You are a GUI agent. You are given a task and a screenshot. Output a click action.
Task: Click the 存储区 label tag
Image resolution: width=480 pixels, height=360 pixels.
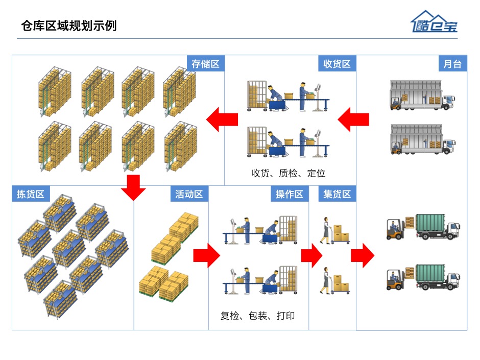205,64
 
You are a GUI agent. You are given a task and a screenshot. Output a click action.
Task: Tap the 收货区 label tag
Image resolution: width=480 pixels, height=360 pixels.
337,64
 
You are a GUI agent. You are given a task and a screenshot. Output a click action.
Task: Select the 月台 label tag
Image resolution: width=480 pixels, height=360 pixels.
452,64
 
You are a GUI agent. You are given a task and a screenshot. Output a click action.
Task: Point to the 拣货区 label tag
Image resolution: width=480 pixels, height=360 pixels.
31,194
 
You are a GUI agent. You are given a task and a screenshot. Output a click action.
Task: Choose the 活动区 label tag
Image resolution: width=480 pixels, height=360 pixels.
189,194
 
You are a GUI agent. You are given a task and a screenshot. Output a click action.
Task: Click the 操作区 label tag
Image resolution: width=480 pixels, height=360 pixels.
290,194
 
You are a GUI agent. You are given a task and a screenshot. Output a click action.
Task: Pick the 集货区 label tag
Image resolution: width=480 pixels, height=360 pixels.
337,194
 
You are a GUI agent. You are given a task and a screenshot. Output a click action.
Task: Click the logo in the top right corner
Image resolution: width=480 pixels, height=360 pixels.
434,22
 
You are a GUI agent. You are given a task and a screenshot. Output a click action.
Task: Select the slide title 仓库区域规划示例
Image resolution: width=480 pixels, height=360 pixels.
69,26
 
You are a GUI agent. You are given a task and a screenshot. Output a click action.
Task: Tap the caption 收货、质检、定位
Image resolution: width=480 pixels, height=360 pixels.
288,173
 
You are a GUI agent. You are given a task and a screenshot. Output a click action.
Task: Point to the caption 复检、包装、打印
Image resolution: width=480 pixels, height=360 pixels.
257,316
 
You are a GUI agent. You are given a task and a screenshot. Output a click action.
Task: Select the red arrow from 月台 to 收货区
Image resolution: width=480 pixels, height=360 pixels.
353,119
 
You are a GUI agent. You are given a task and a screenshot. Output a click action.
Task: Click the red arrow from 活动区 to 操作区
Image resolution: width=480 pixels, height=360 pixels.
206,255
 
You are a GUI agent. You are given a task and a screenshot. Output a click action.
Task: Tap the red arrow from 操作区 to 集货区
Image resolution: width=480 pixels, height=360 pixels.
311,255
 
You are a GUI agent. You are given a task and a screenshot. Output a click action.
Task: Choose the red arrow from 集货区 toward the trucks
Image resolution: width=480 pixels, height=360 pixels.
362,255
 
